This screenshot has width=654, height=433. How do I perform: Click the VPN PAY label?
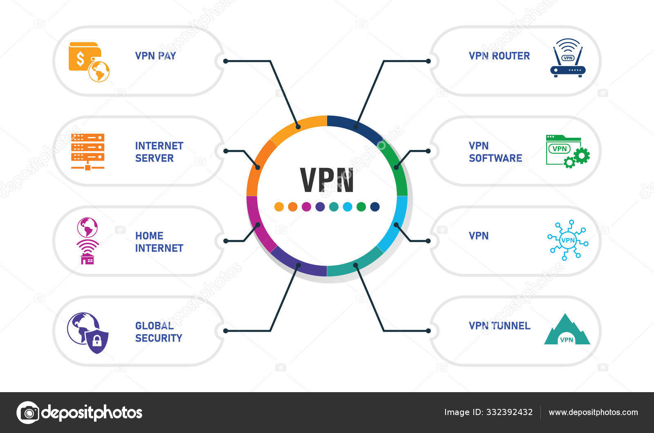[x=155, y=56]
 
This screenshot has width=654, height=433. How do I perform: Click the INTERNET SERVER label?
[x=159, y=152]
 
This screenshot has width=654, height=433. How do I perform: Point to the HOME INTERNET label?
[x=159, y=242]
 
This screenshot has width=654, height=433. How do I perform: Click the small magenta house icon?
[x=87, y=259]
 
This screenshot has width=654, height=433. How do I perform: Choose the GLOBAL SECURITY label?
[x=159, y=332]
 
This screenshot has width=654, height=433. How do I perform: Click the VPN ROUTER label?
[x=499, y=56]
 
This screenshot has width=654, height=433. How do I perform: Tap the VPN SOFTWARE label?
[x=495, y=152]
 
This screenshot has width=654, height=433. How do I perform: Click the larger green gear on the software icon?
[x=582, y=155]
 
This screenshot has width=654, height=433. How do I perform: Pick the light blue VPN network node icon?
[x=568, y=240]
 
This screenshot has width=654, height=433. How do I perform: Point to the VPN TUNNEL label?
[x=499, y=326]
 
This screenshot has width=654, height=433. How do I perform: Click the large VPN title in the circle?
[x=327, y=180]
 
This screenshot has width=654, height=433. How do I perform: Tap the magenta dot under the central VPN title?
[x=306, y=207]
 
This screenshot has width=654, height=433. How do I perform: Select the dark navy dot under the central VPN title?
[x=375, y=207]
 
